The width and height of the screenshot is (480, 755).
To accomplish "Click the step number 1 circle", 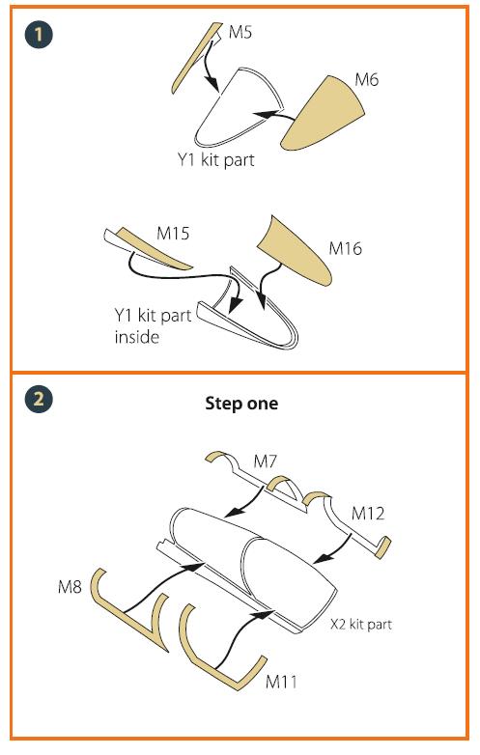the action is (39, 34).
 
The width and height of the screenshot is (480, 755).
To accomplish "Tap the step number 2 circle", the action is (39, 399).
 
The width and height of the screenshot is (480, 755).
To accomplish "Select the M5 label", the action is (240, 32).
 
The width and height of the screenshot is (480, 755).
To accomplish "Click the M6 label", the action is (366, 79).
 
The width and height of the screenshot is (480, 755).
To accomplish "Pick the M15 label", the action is (173, 233).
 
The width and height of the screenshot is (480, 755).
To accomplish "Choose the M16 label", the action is (345, 248).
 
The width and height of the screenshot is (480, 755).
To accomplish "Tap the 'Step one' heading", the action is (241, 403).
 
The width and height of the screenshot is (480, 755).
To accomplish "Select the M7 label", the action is (265, 461).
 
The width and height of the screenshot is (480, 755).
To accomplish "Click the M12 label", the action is (368, 514).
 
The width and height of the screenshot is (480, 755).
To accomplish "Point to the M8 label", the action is (70, 587).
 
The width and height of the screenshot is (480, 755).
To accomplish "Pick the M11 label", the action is (281, 682).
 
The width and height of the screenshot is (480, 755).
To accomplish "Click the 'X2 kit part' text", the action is (361, 625).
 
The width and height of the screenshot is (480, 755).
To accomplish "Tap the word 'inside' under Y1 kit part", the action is (137, 336).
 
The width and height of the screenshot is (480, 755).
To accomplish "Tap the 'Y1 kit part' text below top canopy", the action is (215, 160).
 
